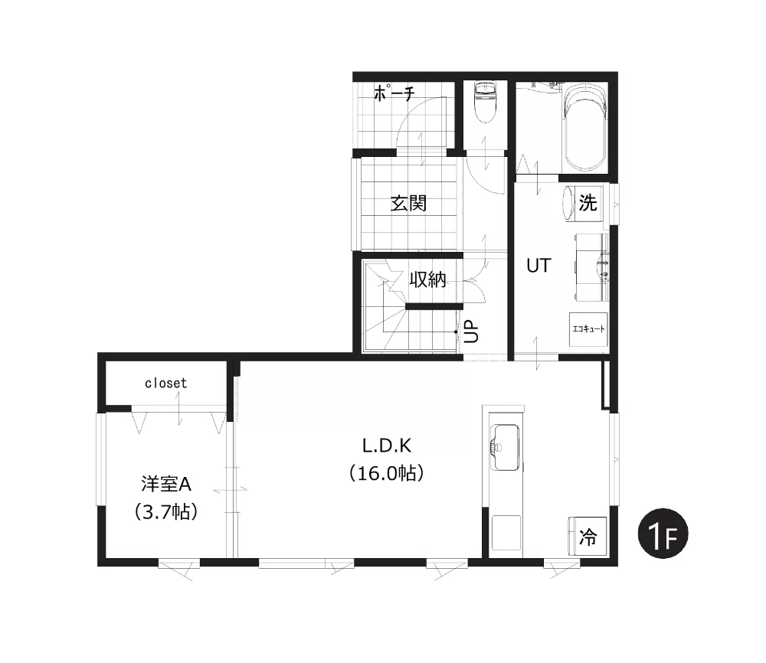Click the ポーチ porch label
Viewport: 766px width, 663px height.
[394, 93]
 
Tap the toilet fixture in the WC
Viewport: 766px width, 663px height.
[485, 101]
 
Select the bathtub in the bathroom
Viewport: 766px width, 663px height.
[584, 127]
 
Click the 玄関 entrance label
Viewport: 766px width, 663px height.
[408, 203]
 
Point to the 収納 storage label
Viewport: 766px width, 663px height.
[428, 279]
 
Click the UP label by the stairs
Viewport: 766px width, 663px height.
[472, 331]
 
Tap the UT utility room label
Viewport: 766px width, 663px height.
[538, 266]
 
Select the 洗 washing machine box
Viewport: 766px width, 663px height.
[588, 203]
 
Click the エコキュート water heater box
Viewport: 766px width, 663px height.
[588, 329]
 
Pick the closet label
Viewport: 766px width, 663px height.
[165, 384]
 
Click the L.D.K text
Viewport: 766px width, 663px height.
[386, 446]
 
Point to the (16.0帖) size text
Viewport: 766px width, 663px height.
[386, 473]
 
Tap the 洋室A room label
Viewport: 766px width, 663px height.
[166, 484]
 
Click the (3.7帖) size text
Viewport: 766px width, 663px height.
[166, 511]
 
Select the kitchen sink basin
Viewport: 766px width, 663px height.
[504, 448]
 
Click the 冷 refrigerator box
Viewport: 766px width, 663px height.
[588, 536]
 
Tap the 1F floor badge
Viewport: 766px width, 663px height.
[663, 534]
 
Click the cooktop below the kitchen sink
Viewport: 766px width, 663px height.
[506, 533]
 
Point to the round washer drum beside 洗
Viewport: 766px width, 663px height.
[568, 203]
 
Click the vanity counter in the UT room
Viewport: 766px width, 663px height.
[591, 267]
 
